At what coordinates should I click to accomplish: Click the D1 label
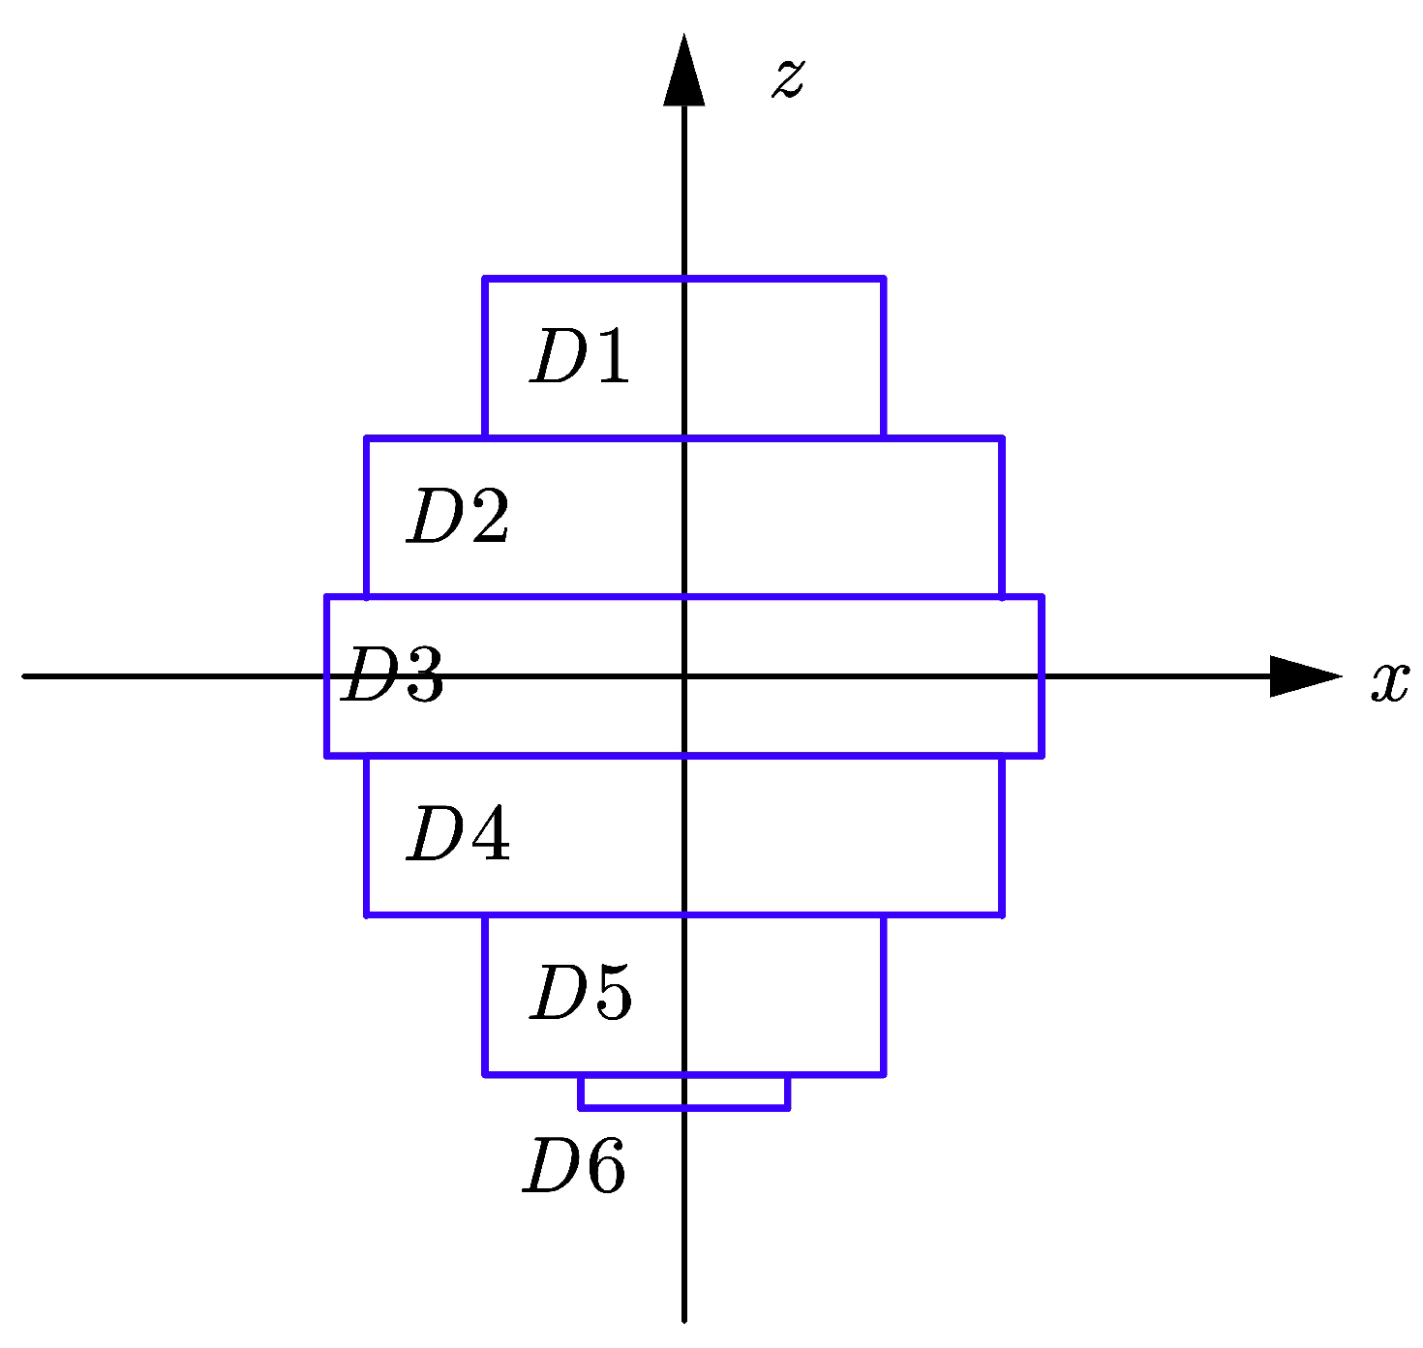(580, 357)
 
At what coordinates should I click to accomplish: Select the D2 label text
(458, 517)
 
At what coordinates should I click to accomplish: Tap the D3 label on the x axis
(393, 674)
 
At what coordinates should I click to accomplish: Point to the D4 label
(458, 834)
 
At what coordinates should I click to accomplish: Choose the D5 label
(581, 993)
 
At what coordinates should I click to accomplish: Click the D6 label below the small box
(575, 1165)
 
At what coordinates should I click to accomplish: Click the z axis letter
(788, 77)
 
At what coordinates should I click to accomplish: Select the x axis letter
(1389, 682)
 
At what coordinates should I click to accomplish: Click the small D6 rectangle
(684, 1092)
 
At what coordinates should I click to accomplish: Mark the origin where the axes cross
(684, 675)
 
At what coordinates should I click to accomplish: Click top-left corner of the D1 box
(485, 280)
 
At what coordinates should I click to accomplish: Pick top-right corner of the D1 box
(884, 280)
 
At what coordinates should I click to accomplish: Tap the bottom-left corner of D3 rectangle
(327, 755)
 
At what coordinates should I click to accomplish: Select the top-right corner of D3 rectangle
(1042, 597)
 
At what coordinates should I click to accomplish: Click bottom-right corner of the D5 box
(884, 1074)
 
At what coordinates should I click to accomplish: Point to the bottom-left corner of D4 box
(367, 914)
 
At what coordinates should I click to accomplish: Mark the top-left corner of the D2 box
(367, 438)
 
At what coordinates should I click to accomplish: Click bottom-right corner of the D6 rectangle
(788, 1108)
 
